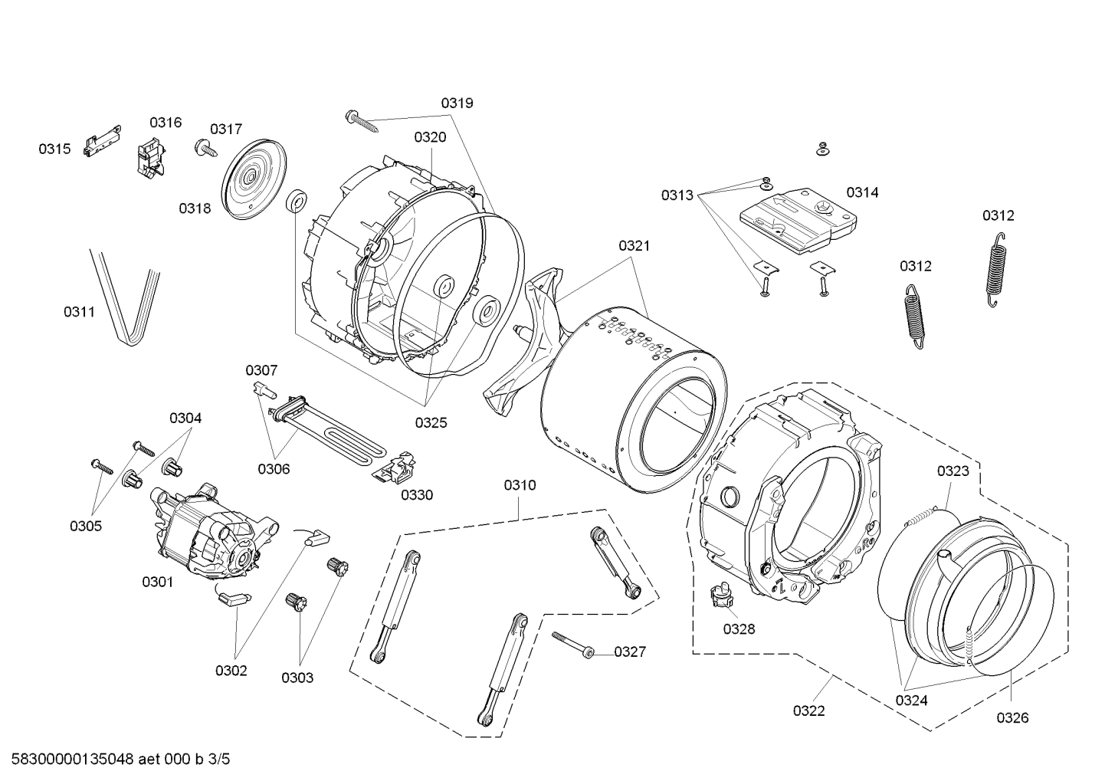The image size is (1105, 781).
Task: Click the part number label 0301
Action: [x=157, y=582]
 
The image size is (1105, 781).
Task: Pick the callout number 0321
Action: [x=634, y=246]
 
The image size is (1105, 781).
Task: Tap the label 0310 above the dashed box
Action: [x=520, y=485]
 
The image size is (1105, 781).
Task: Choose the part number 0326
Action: [x=1012, y=717]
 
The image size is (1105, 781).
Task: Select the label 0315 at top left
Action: [x=54, y=149]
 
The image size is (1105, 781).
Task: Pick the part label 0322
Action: [x=808, y=710]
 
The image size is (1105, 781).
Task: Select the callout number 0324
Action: [x=911, y=700]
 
